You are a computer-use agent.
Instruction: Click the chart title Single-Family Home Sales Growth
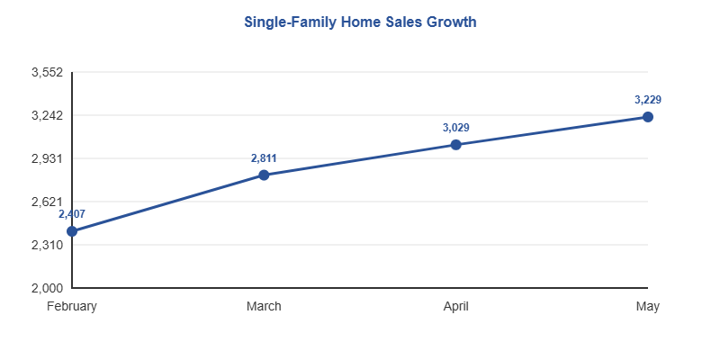pyautogui.click(x=360, y=21)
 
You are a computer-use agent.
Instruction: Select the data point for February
pyautogui.click(x=72, y=231)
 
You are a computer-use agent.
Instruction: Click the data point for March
pyautogui.click(x=264, y=175)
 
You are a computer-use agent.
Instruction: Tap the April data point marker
pyautogui.click(x=456, y=144)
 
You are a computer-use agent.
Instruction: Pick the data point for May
pyautogui.click(x=648, y=117)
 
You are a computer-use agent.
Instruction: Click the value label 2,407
pyautogui.click(x=72, y=214)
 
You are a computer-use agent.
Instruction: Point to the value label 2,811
pyautogui.click(x=264, y=158)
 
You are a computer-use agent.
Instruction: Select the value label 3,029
pyautogui.click(x=456, y=128)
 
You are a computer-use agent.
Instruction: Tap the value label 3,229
pyautogui.click(x=648, y=100)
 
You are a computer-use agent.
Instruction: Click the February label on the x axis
pyautogui.click(x=72, y=306)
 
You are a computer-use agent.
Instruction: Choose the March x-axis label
pyautogui.click(x=264, y=306)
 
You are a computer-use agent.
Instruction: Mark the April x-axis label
pyautogui.click(x=456, y=306)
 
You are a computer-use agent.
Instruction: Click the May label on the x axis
pyautogui.click(x=648, y=306)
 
